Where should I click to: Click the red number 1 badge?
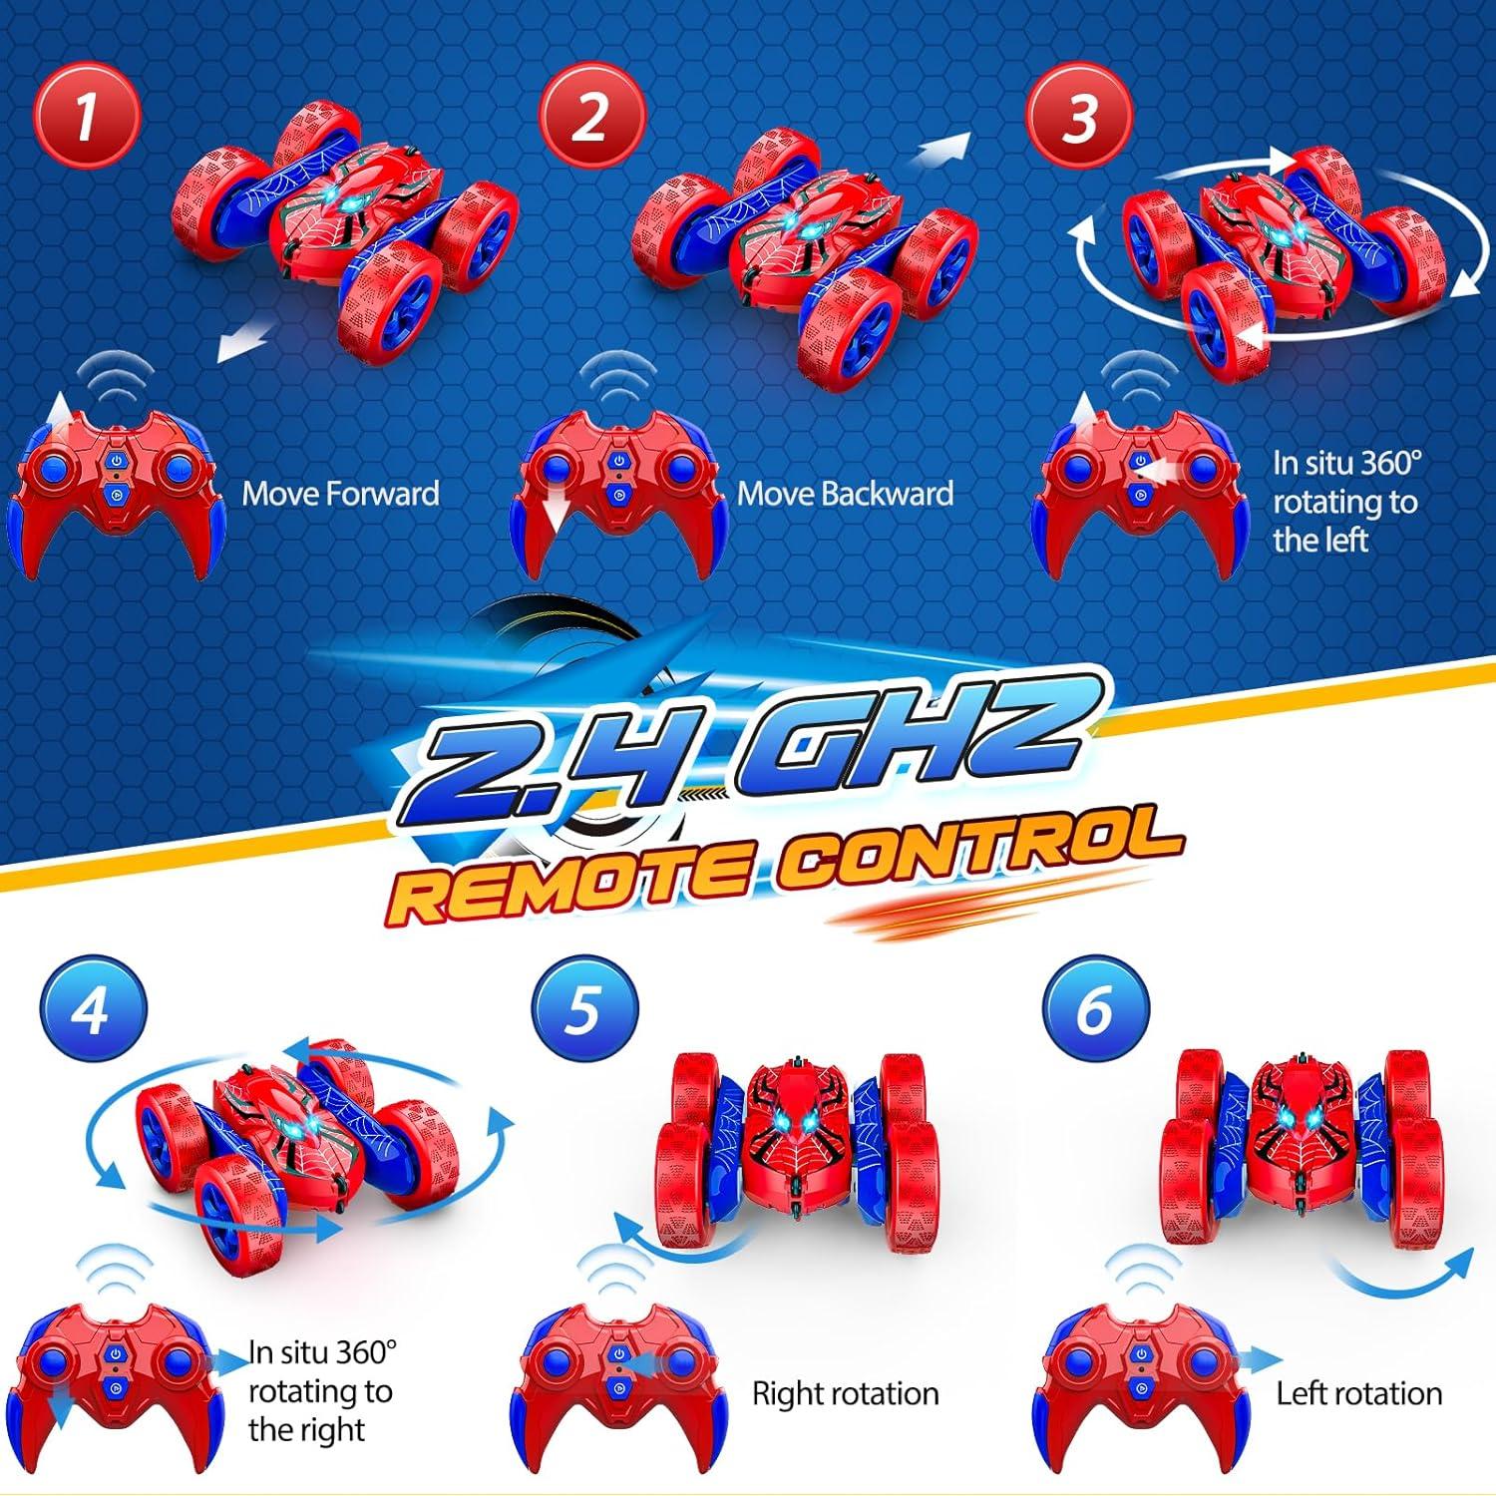(x=88, y=115)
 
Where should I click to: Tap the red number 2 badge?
(x=591, y=115)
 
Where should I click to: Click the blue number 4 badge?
(x=93, y=1009)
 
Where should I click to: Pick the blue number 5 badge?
(x=584, y=1009)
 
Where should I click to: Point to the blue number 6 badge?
(x=1095, y=1009)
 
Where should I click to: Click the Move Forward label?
(x=340, y=494)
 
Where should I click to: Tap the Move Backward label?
(x=845, y=494)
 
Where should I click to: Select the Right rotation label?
(x=845, y=1393)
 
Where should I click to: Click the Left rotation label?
(x=1358, y=1393)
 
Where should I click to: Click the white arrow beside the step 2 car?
(x=941, y=152)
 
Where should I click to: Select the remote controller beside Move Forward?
(x=115, y=489)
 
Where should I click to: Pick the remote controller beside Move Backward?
(x=618, y=489)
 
